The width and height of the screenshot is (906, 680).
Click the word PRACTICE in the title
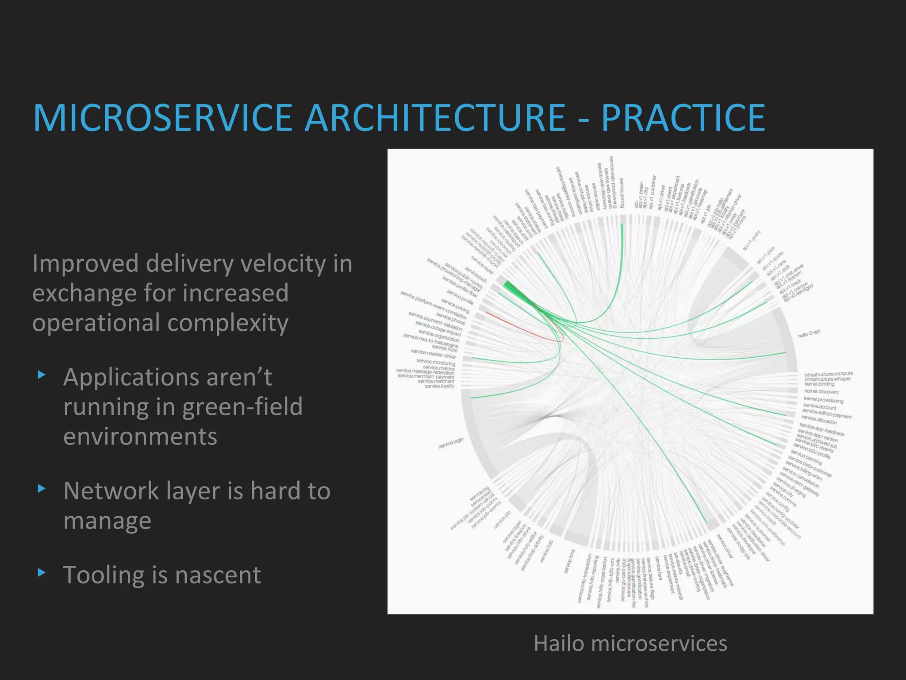683,118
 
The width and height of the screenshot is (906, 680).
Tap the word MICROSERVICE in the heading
162,118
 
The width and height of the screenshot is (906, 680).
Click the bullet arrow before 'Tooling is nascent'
42,573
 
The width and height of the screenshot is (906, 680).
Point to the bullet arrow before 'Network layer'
42,489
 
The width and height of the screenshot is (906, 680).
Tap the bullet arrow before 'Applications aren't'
42,375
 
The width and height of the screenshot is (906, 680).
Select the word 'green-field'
242,406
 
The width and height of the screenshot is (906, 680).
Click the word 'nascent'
218,575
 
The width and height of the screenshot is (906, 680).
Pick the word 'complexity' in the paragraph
227,322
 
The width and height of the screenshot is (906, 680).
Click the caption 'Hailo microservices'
630,643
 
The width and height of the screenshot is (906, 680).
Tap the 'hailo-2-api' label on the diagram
809,334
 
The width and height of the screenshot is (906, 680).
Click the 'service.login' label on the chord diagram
451,443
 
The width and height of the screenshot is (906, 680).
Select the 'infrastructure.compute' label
828,374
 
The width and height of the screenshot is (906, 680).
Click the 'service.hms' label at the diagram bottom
570,561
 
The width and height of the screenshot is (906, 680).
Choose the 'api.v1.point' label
752,241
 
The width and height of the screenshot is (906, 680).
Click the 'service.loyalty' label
439,386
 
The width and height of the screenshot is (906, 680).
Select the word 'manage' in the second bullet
107,521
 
